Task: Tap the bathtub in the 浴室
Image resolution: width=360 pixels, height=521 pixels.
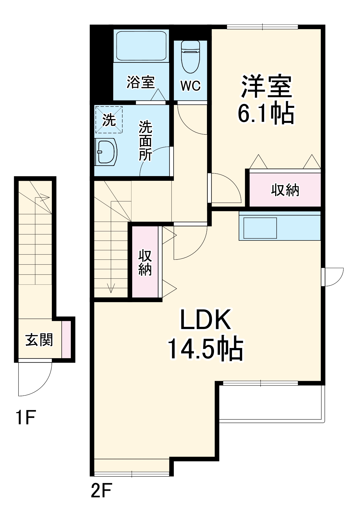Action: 141,46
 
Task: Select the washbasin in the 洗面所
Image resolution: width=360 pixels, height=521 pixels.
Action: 106,152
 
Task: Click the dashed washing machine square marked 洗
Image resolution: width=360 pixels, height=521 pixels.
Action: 109,120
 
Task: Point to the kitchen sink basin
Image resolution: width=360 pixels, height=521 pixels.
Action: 260,228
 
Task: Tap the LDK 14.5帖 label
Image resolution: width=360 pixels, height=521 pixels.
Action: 205,334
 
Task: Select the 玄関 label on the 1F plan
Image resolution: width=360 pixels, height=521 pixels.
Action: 39,340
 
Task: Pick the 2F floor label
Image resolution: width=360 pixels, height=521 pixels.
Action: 101,491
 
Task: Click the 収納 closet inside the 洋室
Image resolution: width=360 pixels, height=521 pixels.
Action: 285,190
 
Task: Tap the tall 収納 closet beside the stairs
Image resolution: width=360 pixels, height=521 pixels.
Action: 145,262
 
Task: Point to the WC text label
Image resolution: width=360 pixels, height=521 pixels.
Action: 191,85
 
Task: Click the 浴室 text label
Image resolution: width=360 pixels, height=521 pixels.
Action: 141,82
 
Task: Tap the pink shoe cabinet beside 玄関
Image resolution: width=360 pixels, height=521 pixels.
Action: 66,339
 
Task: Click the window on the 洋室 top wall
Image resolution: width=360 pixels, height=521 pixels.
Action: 262,27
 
